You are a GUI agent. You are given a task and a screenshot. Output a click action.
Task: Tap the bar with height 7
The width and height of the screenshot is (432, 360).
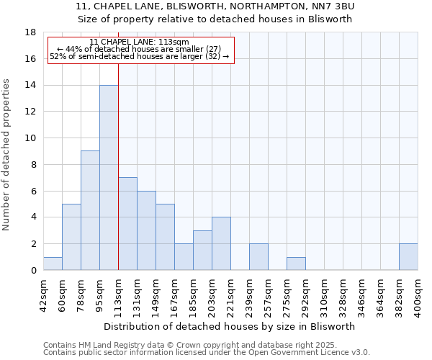[x=127, y=223]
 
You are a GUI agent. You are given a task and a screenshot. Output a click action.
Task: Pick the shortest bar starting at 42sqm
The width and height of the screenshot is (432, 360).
[x=53, y=264]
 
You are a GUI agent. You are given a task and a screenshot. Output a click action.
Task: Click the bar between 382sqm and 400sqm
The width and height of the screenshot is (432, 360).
[x=408, y=257]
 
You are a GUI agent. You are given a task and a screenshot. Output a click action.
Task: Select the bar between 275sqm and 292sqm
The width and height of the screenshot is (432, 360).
[x=296, y=264]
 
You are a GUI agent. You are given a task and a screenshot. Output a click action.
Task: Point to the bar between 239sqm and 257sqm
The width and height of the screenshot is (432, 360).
[x=258, y=257]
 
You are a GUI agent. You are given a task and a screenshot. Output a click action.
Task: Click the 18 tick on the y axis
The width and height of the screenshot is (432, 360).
[x=30, y=32]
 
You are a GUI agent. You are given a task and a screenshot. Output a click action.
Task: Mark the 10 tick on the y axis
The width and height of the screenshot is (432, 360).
[x=30, y=138]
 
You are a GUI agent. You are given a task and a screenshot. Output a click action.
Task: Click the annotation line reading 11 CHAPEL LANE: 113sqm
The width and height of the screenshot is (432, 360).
[x=140, y=42]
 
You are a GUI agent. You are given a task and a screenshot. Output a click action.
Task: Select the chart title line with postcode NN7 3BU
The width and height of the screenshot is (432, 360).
[x=215, y=6]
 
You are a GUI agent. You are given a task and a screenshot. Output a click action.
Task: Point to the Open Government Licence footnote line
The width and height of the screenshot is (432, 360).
[x=207, y=353]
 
